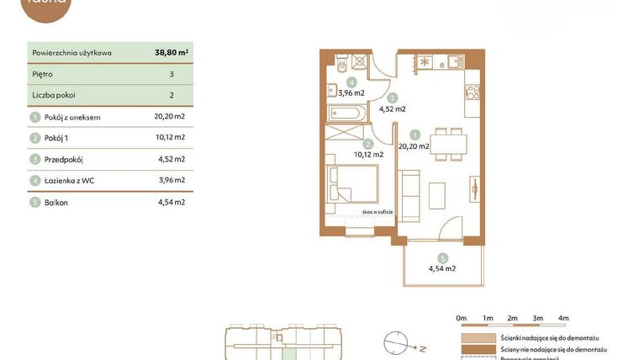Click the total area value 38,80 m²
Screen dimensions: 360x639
click(x=172, y=52)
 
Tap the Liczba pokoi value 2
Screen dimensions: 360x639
click(x=172, y=95)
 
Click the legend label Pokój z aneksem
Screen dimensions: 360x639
click(x=72, y=117)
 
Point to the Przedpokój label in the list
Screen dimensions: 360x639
click(x=64, y=159)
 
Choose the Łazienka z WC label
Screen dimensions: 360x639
click(x=70, y=180)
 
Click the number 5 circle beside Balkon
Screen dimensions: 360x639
click(x=34, y=202)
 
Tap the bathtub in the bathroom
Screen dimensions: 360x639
click(x=347, y=113)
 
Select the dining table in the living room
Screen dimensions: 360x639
click(x=446, y=143)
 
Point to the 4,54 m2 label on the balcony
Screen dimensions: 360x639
click(x=442, y=269)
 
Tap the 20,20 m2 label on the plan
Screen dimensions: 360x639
click(x=414, y=146)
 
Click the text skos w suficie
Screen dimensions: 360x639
click(x=378, y=213)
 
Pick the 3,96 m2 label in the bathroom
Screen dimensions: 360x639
click(x=351, y=93)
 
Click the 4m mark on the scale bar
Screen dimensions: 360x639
click(x=563, y=318)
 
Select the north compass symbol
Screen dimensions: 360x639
click(x=395, y=342)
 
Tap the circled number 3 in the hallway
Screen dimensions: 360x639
click(x=393, y=98)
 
